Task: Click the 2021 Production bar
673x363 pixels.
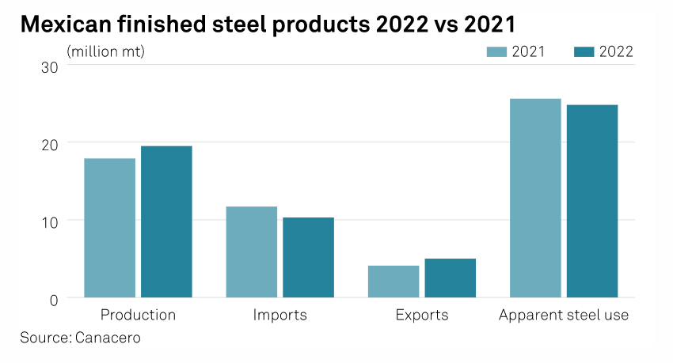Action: point(109,228)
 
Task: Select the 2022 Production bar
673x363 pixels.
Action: point(166,221)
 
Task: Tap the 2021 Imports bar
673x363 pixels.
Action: point(252,251)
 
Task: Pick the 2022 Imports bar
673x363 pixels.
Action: point(308,257)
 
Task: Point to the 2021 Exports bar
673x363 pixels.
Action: point(394,282)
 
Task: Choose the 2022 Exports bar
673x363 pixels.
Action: point(450,278)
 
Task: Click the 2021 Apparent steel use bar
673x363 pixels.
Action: point(535,198)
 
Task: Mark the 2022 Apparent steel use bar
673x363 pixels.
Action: point(592,201)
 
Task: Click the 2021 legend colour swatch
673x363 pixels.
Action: point(496,52)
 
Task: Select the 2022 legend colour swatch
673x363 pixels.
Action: point(584,52)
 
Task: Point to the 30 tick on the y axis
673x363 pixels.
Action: point(50,66)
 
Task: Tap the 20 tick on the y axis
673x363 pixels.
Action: point(50,144)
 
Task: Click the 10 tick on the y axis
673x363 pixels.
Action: point(50,221)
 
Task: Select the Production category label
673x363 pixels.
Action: point(139,315)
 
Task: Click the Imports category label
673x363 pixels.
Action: point(279,315)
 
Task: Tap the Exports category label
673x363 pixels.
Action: point(421,315)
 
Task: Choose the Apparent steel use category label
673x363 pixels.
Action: point(564,315)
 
